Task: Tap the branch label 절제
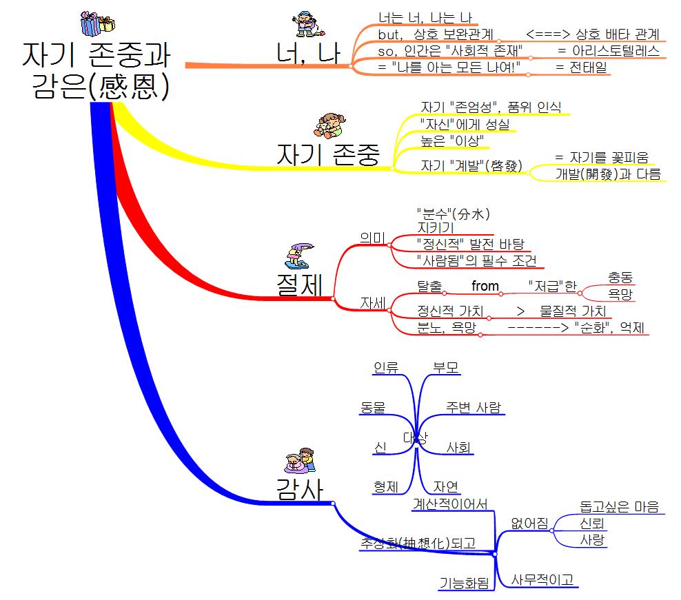point(301,285)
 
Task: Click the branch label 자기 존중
point(328,155)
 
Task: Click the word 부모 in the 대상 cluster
point(446,367)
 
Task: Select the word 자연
point(446,486)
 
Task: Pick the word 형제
point(386,486)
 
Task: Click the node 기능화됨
point(464,583)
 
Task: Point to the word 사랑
point(593,539)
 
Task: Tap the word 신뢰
point(593,524)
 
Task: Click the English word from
point(485,286)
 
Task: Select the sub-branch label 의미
point(373,237)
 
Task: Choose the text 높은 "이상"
point(452,141)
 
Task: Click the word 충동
point(620,277)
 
